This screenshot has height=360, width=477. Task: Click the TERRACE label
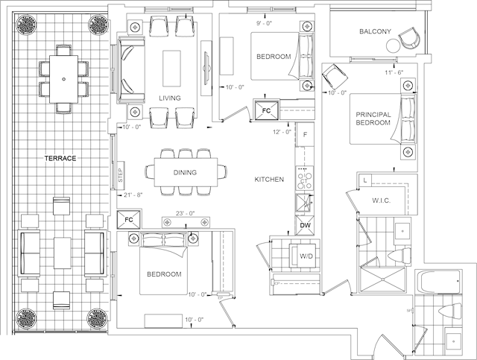61,159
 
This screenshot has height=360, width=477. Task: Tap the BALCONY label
375,32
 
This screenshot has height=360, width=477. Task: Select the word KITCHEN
269,180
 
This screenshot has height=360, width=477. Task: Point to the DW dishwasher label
305,225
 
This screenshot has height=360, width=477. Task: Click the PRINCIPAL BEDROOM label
373,119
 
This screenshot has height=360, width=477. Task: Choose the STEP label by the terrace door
121,176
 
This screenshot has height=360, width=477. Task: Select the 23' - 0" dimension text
186,213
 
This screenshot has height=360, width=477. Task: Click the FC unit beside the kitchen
266,110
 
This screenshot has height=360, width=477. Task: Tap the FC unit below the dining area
129,221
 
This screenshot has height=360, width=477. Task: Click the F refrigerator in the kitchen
305,135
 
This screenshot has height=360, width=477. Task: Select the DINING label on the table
185,173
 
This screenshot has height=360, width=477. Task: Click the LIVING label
171,98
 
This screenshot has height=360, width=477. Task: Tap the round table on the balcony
393,46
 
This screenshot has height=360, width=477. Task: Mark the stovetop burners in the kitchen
304,180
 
